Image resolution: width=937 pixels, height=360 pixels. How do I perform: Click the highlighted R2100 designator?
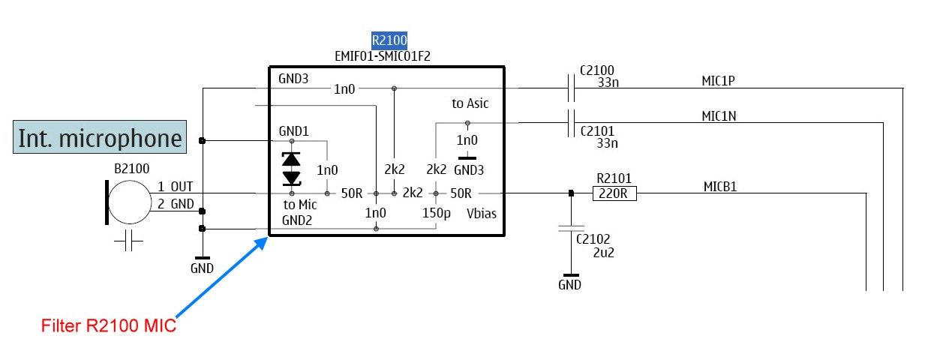(x=389, y=40)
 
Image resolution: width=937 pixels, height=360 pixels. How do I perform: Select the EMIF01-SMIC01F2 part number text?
(x=383, y=56)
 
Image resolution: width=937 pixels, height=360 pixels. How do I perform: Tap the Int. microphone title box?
(x=100, y=137)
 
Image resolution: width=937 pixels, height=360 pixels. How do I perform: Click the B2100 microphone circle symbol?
(x=130, y=202)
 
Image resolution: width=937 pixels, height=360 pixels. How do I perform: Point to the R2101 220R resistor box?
(x=614, y=193)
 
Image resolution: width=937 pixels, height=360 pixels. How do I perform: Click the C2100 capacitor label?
(x=597, y=70)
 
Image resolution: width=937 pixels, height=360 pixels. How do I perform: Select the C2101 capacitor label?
(x=597, y=131)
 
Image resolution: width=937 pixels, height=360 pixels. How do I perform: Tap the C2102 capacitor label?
(x=593, y=239)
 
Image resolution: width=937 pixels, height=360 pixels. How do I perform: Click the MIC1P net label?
(x=718, y=81)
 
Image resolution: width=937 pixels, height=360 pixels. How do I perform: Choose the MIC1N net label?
(x=719, y=115)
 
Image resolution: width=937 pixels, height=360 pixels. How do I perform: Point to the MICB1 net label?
(x=720, y=187)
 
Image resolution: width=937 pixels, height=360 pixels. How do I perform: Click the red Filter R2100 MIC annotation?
(x=109, y=325)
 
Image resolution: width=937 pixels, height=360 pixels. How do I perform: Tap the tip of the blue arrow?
(x=268, y=238)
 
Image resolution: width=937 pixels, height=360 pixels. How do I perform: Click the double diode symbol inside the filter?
(x=292, y=169)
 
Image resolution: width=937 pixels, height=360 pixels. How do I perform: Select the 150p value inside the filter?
(x=437, y=213)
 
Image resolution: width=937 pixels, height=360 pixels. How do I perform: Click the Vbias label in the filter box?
(x=482, y=213)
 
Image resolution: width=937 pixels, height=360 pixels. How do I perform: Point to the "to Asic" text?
(x=470, y=103)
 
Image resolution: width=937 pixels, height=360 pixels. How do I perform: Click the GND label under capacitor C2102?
(x=569, y=285)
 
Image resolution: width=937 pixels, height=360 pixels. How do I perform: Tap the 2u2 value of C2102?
(x=604, y=253)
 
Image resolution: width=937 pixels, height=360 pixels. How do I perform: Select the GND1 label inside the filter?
(x=293, y=131)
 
